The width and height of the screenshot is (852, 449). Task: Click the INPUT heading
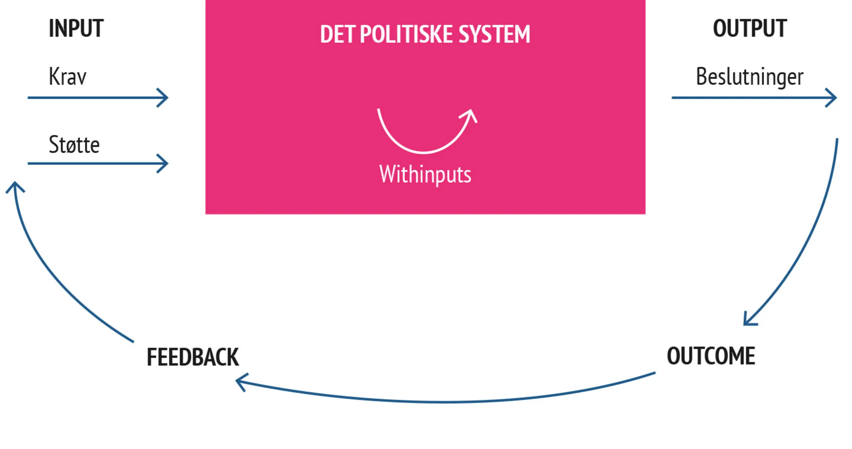76,29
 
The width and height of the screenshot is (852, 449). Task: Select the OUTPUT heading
749,29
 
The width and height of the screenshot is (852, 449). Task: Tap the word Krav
67,77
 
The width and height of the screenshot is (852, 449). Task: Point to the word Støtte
74,145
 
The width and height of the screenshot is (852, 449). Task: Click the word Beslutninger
749,77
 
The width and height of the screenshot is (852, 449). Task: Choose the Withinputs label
425,174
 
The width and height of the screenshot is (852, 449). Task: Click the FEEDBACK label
193,357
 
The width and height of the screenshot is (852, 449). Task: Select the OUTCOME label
711,356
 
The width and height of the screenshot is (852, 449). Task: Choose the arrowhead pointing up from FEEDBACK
15,186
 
